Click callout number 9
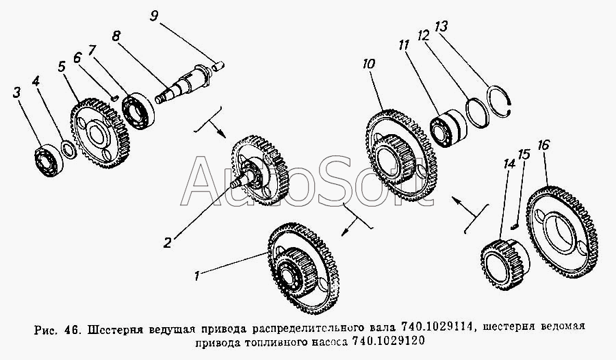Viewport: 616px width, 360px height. (155, 16)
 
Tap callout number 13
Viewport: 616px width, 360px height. (441, 27)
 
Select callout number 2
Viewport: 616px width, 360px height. (167, 242)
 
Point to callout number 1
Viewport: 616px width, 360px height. (196, 277)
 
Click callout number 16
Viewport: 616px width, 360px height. (543, 145)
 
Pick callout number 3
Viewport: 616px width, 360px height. (16, 93)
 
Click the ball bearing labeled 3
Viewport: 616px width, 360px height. (49, 160)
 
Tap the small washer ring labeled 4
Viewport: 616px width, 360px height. (68, 150)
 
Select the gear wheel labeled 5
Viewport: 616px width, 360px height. (99, 133)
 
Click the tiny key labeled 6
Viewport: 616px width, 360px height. (114, 98)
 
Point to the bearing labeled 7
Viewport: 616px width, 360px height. (138, 110)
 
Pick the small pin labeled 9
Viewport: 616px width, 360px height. (218, 65)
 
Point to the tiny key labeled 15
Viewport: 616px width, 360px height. (516, 226)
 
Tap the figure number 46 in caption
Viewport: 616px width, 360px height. (71, 327)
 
